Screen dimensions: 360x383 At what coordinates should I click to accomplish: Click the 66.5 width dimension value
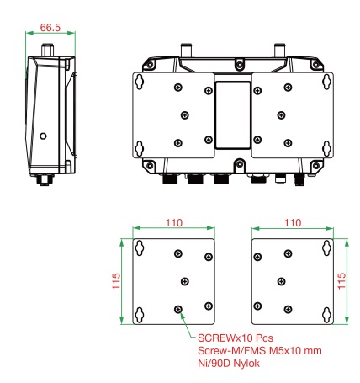[x=50, y=28]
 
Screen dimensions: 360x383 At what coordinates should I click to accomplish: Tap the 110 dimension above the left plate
[x=174, y=223]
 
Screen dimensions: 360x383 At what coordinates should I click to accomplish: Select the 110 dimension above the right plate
[x=293, y=223]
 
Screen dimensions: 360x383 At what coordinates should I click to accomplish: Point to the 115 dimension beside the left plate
[x=116, y=281]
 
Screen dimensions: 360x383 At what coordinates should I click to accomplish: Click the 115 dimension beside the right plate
[x=341, y=281]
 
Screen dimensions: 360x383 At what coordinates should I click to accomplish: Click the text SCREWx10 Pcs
[x=236, y=338]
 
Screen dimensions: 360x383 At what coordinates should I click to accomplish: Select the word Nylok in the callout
[x=246, y=364]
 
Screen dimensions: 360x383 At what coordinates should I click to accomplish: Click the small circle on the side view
[x=43, y=136]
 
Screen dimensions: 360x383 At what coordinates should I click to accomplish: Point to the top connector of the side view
[x=48, y=50]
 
